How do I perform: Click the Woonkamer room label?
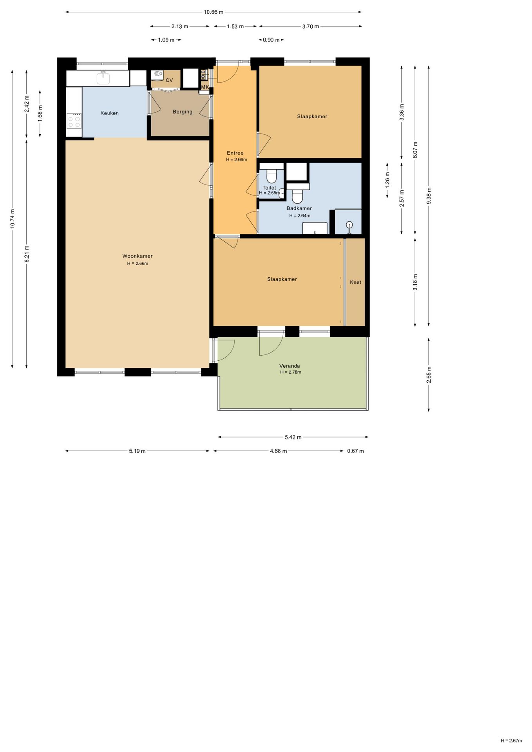pyautogui.click(x=138, y=256)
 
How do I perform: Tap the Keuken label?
pyautogui.click(x=109, y=113)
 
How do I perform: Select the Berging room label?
pyautogui.click(x=183, y=112)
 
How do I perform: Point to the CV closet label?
pyautogui.click(x=169, y=80)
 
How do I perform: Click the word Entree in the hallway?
pyautogui.click(x=235, y=153)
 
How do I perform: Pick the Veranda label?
pyautogui.click(x=290, y=366)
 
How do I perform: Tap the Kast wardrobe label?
pyautogui.click(x=356, y=282)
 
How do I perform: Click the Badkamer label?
pyautogui.click(x=299, y=208)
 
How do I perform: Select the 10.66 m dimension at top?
pyautogui.click(x=214, y=12)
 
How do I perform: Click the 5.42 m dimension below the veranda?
pyautogui.click(x=293, y=437)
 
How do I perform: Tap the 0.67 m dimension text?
pyautogui.click(x=355, y=451)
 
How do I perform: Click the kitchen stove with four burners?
pyautogui.click(x=74, y=121)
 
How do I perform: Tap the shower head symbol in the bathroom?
pyautogui.click(x=349, y=225)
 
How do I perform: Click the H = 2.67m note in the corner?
pyautogui.click(x=511, y=741)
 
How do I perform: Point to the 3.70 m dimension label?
pyautogui.click(x=311, y=27)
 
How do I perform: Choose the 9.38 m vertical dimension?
pyautogui.click(x=429, y=195)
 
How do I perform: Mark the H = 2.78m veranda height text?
pyautogui.click(x=291, y=372)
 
